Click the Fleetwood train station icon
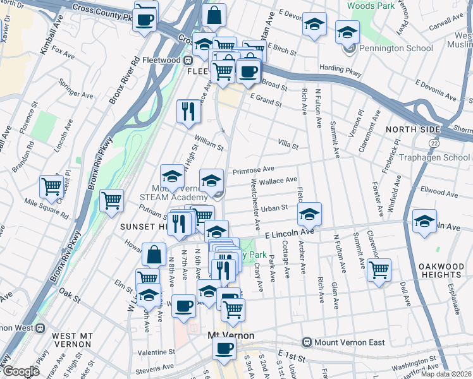coord(188,60)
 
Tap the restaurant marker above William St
coord(188,111)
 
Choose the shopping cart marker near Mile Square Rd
coord(51,186)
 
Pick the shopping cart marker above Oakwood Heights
coord(378,270)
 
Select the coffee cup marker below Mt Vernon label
coord(223,348)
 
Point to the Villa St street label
coord(288,145)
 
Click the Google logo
coord(21,371)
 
